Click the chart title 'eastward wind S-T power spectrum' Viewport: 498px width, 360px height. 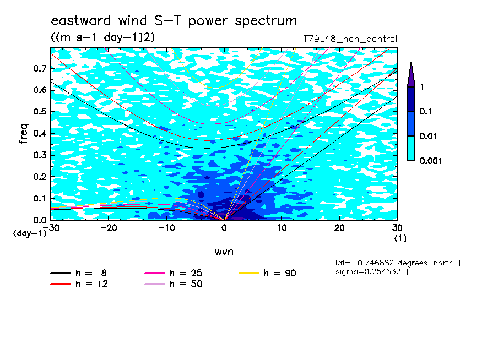[x=174, y=20]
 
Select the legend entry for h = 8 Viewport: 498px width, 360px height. [x=78, y=273]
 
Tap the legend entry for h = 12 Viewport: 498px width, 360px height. [x=79, y=283]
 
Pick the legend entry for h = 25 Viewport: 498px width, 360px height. [x=173, y=273]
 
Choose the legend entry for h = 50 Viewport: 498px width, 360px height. [x=173, y=283]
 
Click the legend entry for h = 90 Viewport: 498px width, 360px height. [x=267, y=273]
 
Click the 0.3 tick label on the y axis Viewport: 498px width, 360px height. [x=40, y=155]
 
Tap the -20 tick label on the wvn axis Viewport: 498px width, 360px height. [x=109, y=228]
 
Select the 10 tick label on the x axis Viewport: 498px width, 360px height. [x=282, y=228]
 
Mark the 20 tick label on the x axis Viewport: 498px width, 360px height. [x=339, y=228]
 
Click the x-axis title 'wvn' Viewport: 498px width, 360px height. [x=224, y=252]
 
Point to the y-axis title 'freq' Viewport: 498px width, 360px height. [x=24, y=134]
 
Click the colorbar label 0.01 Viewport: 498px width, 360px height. [x=428, y=136]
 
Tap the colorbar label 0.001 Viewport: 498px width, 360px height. [x=431, y=161]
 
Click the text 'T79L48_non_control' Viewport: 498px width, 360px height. [x=350, y=39]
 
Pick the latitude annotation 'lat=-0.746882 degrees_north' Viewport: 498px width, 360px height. [x=394, y=263]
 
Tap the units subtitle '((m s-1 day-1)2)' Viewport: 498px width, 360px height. [x=103, y=37]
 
